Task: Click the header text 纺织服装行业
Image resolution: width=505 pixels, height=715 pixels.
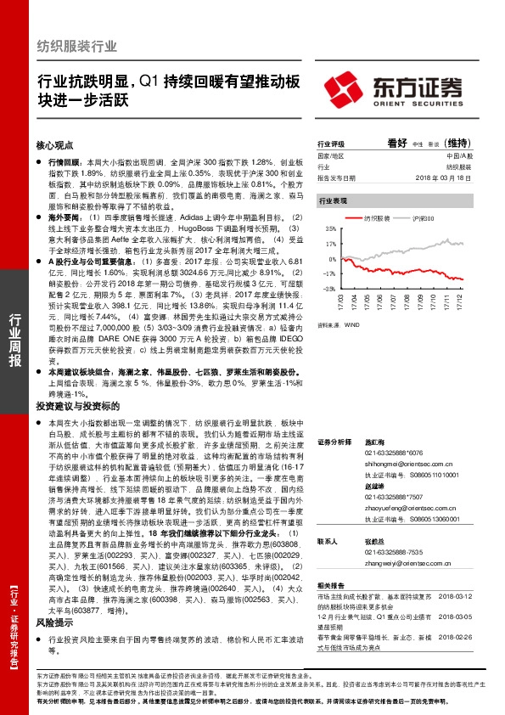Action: pyautogui.click(x=77, y=47)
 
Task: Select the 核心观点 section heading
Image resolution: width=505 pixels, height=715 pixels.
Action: pyautogui.click(x=55, y=145)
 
